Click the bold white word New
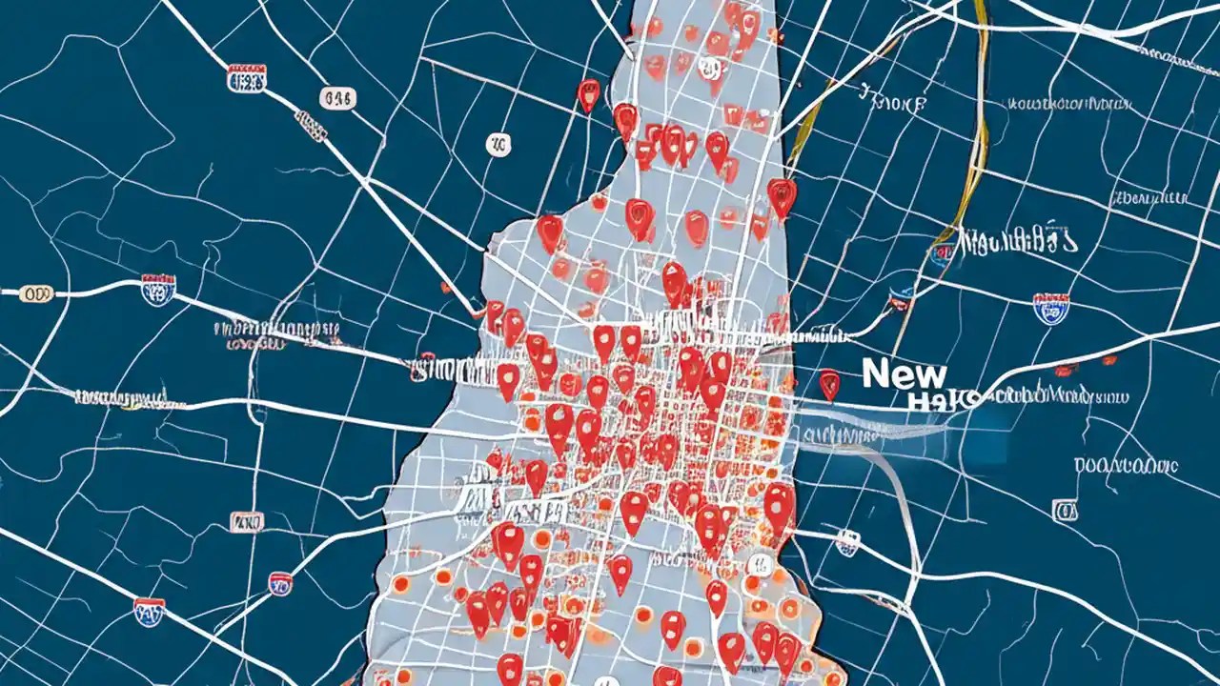click(905, 373)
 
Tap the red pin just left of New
click(829, 383)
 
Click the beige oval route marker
click(37, 293)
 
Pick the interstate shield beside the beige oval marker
click(157, 290)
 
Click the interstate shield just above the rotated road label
click(246, 79)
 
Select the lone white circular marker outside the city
click(498, 145)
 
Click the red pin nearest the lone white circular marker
click(589, 93)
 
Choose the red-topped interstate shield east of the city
click(1050, 308)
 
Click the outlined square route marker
click(1064, 511)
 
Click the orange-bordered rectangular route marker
click(247, 522)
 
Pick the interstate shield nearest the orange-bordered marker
click(280, 583)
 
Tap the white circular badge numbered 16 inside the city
click(709, 67)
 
